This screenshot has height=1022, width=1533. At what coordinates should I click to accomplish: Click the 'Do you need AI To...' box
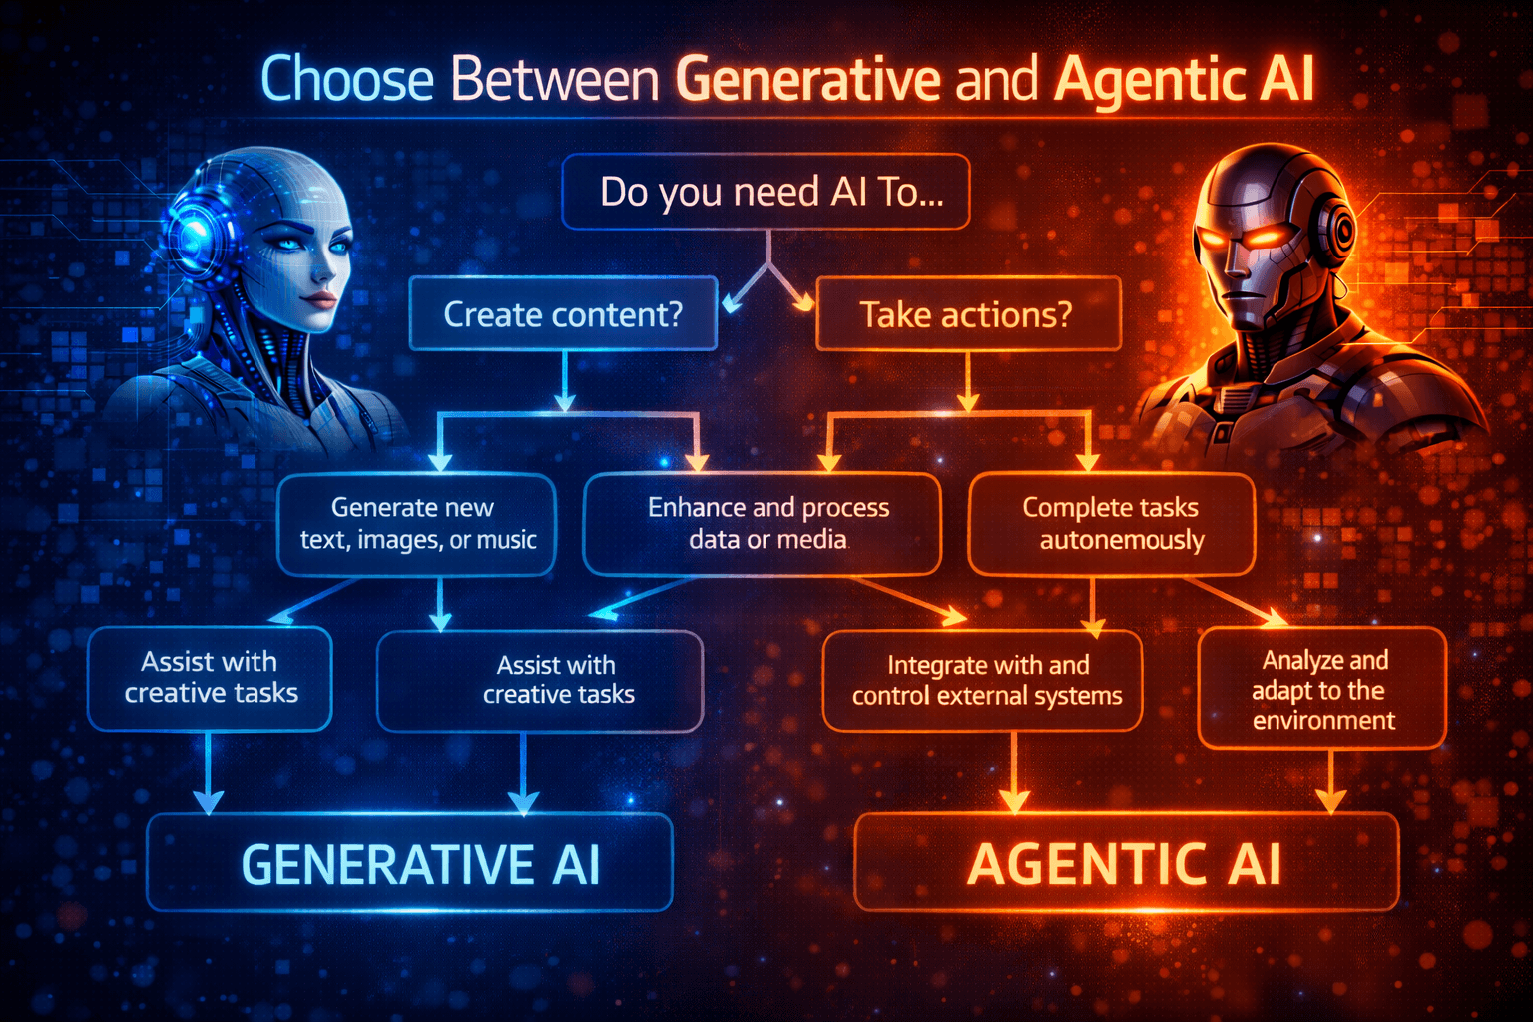[x=766, y=192]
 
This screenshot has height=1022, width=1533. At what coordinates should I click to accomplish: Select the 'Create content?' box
[x=563, y=314]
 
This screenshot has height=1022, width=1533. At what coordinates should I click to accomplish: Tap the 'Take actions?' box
[x=967, y=314]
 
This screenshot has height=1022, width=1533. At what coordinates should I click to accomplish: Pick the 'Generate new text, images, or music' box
[x=416, y=524]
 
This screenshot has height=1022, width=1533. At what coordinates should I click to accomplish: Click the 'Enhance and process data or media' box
[x=763, y=524]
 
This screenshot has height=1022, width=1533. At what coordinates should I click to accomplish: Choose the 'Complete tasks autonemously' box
[x=1111, y=524]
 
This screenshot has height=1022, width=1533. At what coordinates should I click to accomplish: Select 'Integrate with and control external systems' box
[x=983, y=680]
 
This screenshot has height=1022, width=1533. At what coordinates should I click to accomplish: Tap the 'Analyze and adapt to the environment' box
[x=1321, y=688]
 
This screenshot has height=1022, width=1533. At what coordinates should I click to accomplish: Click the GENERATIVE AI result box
[x=410, y=863]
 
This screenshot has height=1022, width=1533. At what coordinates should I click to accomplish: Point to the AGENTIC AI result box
[x=1126, y=863]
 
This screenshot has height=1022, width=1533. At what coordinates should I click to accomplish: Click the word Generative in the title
[x=807, y=80]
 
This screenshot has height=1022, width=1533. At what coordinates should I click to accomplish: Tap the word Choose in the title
[x=346, y=80]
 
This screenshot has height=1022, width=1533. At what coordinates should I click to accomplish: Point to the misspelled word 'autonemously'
[x=1122, y=540]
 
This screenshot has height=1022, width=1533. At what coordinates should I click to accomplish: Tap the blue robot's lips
[x=318, y=297]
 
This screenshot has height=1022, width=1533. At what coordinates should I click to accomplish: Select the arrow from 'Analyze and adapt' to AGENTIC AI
[x=1331, y=781]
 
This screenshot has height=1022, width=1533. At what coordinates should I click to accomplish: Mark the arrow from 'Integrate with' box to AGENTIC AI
[x=1014, y=773]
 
